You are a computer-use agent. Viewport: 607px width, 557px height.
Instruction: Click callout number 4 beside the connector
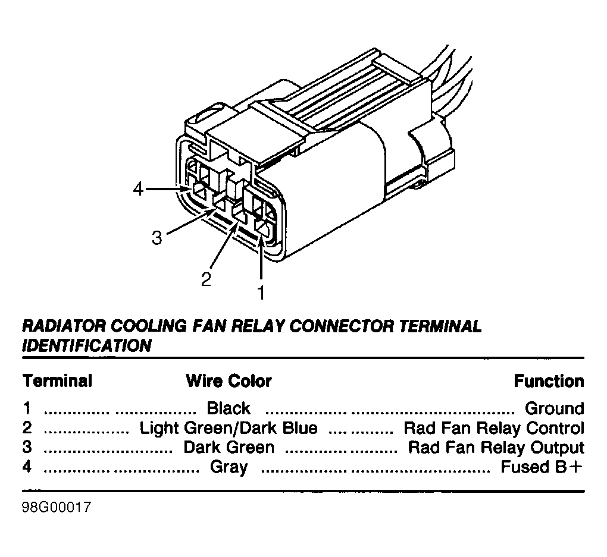click(138, 189)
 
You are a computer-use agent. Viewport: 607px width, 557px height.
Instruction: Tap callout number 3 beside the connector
click(157, 238)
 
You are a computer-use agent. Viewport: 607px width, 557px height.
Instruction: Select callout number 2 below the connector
click(206, 279)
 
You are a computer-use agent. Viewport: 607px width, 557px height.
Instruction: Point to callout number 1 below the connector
click(261, 293)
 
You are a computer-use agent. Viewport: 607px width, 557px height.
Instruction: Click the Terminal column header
click(58, 380)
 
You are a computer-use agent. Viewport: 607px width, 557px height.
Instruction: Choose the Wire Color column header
click(229, 381)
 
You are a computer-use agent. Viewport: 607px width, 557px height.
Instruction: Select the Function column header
click(549, 381)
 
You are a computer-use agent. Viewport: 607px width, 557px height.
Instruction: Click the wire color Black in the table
click(229, 408)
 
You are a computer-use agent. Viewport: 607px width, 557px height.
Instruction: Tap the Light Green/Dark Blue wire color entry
click(229, 428)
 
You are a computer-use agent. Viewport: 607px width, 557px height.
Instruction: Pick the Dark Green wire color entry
click(229, 447)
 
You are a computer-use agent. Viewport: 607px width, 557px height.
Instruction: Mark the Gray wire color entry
click(229, 467)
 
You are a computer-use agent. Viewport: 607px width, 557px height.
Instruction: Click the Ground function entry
click(555, 408)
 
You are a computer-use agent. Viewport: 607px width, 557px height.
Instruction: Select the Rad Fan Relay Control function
click(494, 428)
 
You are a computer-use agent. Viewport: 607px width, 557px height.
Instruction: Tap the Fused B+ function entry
click(542, 467)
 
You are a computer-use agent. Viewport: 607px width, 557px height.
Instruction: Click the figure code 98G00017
click(57, 507)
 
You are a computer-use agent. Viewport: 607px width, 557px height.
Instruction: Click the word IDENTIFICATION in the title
click(87, 345)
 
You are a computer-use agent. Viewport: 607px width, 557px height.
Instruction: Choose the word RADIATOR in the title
click(64, 326)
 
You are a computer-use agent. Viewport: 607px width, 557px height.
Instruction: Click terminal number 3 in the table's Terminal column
click(27, 447)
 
